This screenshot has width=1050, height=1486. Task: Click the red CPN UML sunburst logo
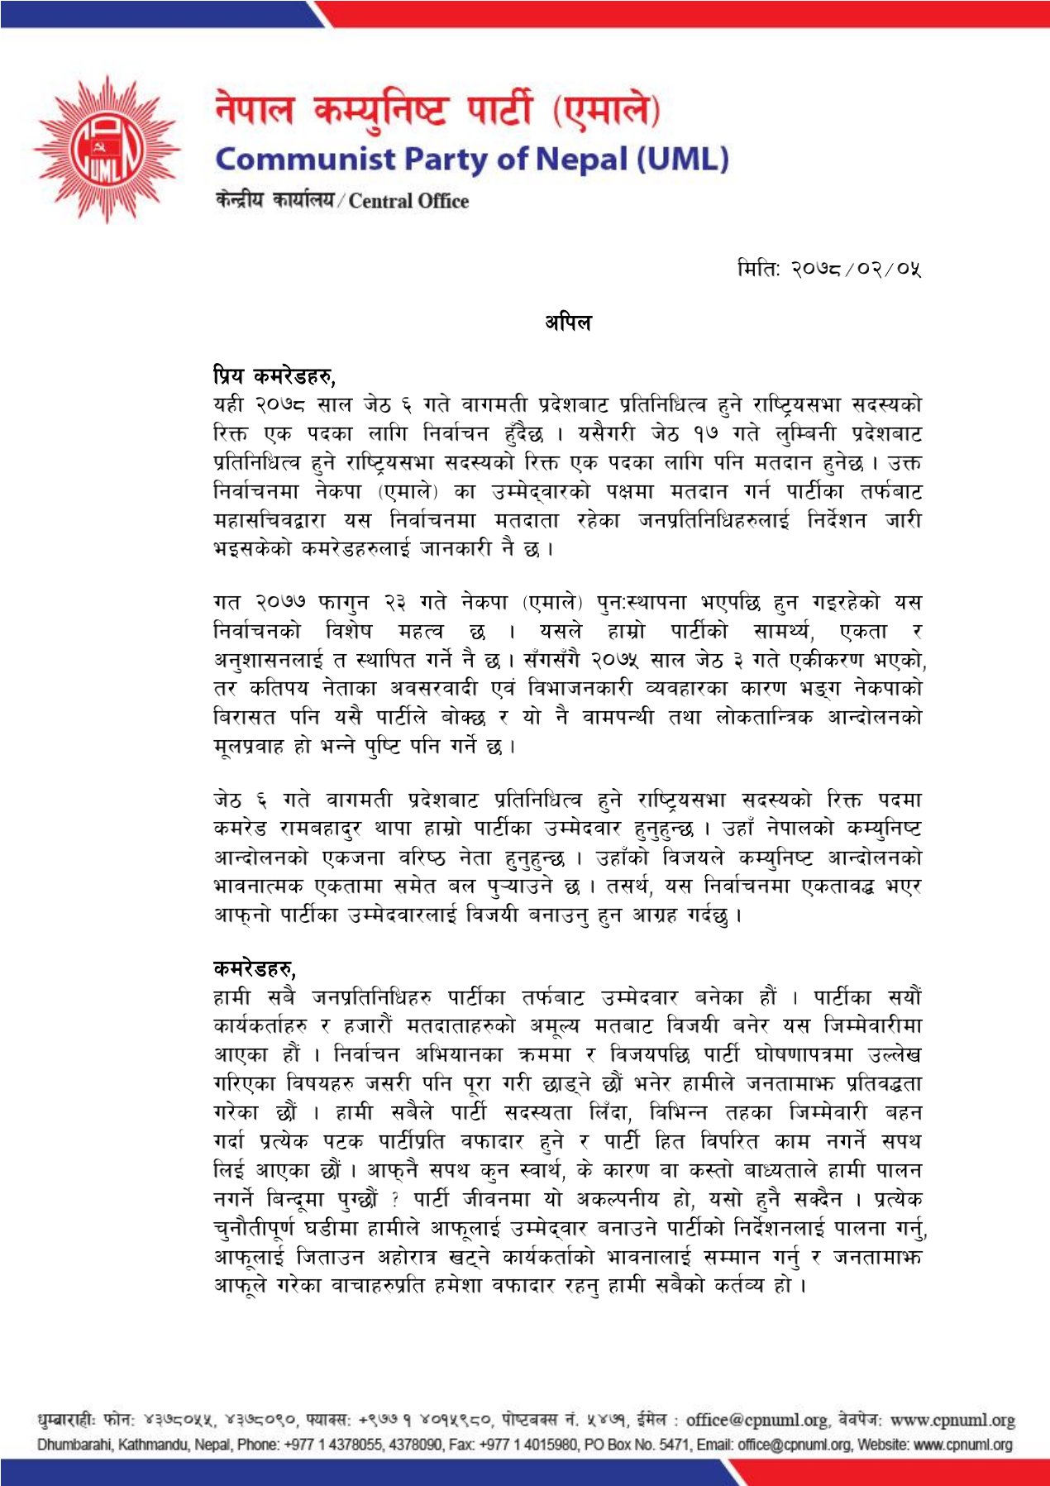coord(107,150)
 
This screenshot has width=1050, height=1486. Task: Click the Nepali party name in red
coord(437,111)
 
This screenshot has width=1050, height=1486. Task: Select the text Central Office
coord(408,201)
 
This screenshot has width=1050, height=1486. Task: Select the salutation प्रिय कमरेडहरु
coord(274,376)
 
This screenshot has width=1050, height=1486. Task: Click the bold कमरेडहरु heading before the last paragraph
coord(254,968)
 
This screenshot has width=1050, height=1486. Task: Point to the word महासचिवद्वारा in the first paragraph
coord(270,520)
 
